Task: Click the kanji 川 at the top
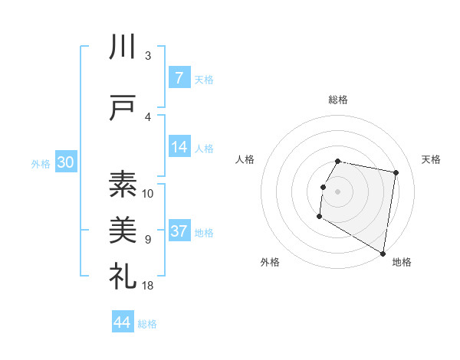tap(123, 47)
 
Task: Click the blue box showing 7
tap(179, 78)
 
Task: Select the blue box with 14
tap(179, 147)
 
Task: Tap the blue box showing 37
tap(179, 231)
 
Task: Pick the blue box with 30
tap(65, 162)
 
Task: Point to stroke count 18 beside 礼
tap(148, 286)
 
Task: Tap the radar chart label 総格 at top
tap(338, 100)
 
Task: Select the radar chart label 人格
tap(246, 159)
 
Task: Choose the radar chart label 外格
tap(269, 262)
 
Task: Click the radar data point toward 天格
tap(396, 173)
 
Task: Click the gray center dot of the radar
tap(338, 191)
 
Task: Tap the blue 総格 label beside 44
tap(147, 324)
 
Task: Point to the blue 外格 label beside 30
tap(41, 163)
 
